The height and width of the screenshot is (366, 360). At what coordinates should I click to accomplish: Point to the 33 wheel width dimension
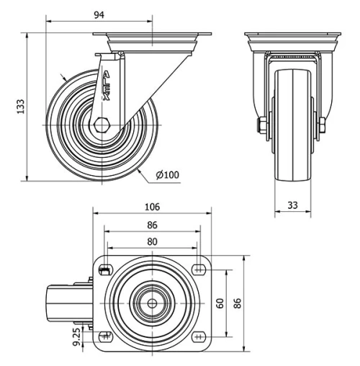[x=292, y=205]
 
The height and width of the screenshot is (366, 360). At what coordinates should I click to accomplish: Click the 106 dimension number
[x=152, y=207]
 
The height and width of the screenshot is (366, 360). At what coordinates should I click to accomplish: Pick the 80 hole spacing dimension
[x=152, y=242]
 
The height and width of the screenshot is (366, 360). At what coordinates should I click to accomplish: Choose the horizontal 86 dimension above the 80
[x=152, y=225]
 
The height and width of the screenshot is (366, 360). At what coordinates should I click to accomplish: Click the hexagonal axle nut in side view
[x=100, y=127]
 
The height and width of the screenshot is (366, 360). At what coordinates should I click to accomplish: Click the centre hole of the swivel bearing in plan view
[x=152, y=303]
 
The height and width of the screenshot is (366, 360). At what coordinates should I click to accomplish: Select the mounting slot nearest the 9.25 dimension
[x=105, y=336]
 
